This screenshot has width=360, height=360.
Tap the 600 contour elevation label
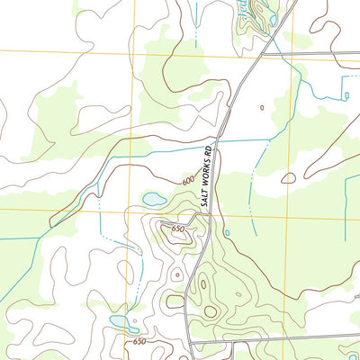(187, 180)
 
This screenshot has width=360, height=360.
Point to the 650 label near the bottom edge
(139, 342)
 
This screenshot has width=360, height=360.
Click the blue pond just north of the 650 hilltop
(153, 198)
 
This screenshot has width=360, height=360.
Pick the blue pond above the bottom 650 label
(118, 320)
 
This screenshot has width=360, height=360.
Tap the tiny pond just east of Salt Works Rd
(227, 233)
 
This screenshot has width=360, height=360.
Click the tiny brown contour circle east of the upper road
(262, 107)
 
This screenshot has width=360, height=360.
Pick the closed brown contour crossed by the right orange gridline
(288, 178)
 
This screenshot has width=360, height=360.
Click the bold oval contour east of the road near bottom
(211, 311)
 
